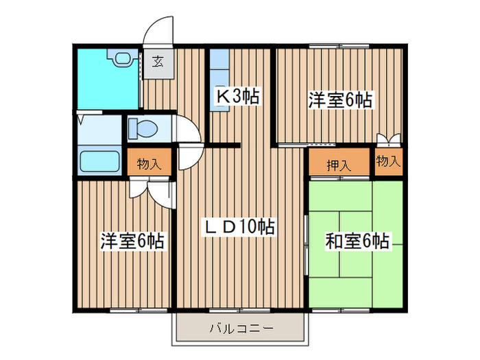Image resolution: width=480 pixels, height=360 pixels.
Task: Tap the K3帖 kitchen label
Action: (x=238, y=97)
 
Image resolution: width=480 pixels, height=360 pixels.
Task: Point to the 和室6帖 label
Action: (x=357, y=241)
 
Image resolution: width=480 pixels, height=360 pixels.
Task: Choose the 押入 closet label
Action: (x=338, y=165)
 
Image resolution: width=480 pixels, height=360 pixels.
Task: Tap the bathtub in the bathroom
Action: (x=100, y=162)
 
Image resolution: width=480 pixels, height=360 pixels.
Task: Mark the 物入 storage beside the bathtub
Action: (x=148, y=164)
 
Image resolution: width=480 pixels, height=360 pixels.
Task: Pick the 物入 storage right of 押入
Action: (x=388, y=163)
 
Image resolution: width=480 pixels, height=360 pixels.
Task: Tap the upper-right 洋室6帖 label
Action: (x=340, y=100)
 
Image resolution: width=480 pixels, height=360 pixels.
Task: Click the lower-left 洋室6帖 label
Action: (x=133, y=241)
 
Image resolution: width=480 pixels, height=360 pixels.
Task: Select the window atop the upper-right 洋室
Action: (x=339, y=46)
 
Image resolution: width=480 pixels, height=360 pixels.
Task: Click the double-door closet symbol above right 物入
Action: (x=387, y=140)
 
